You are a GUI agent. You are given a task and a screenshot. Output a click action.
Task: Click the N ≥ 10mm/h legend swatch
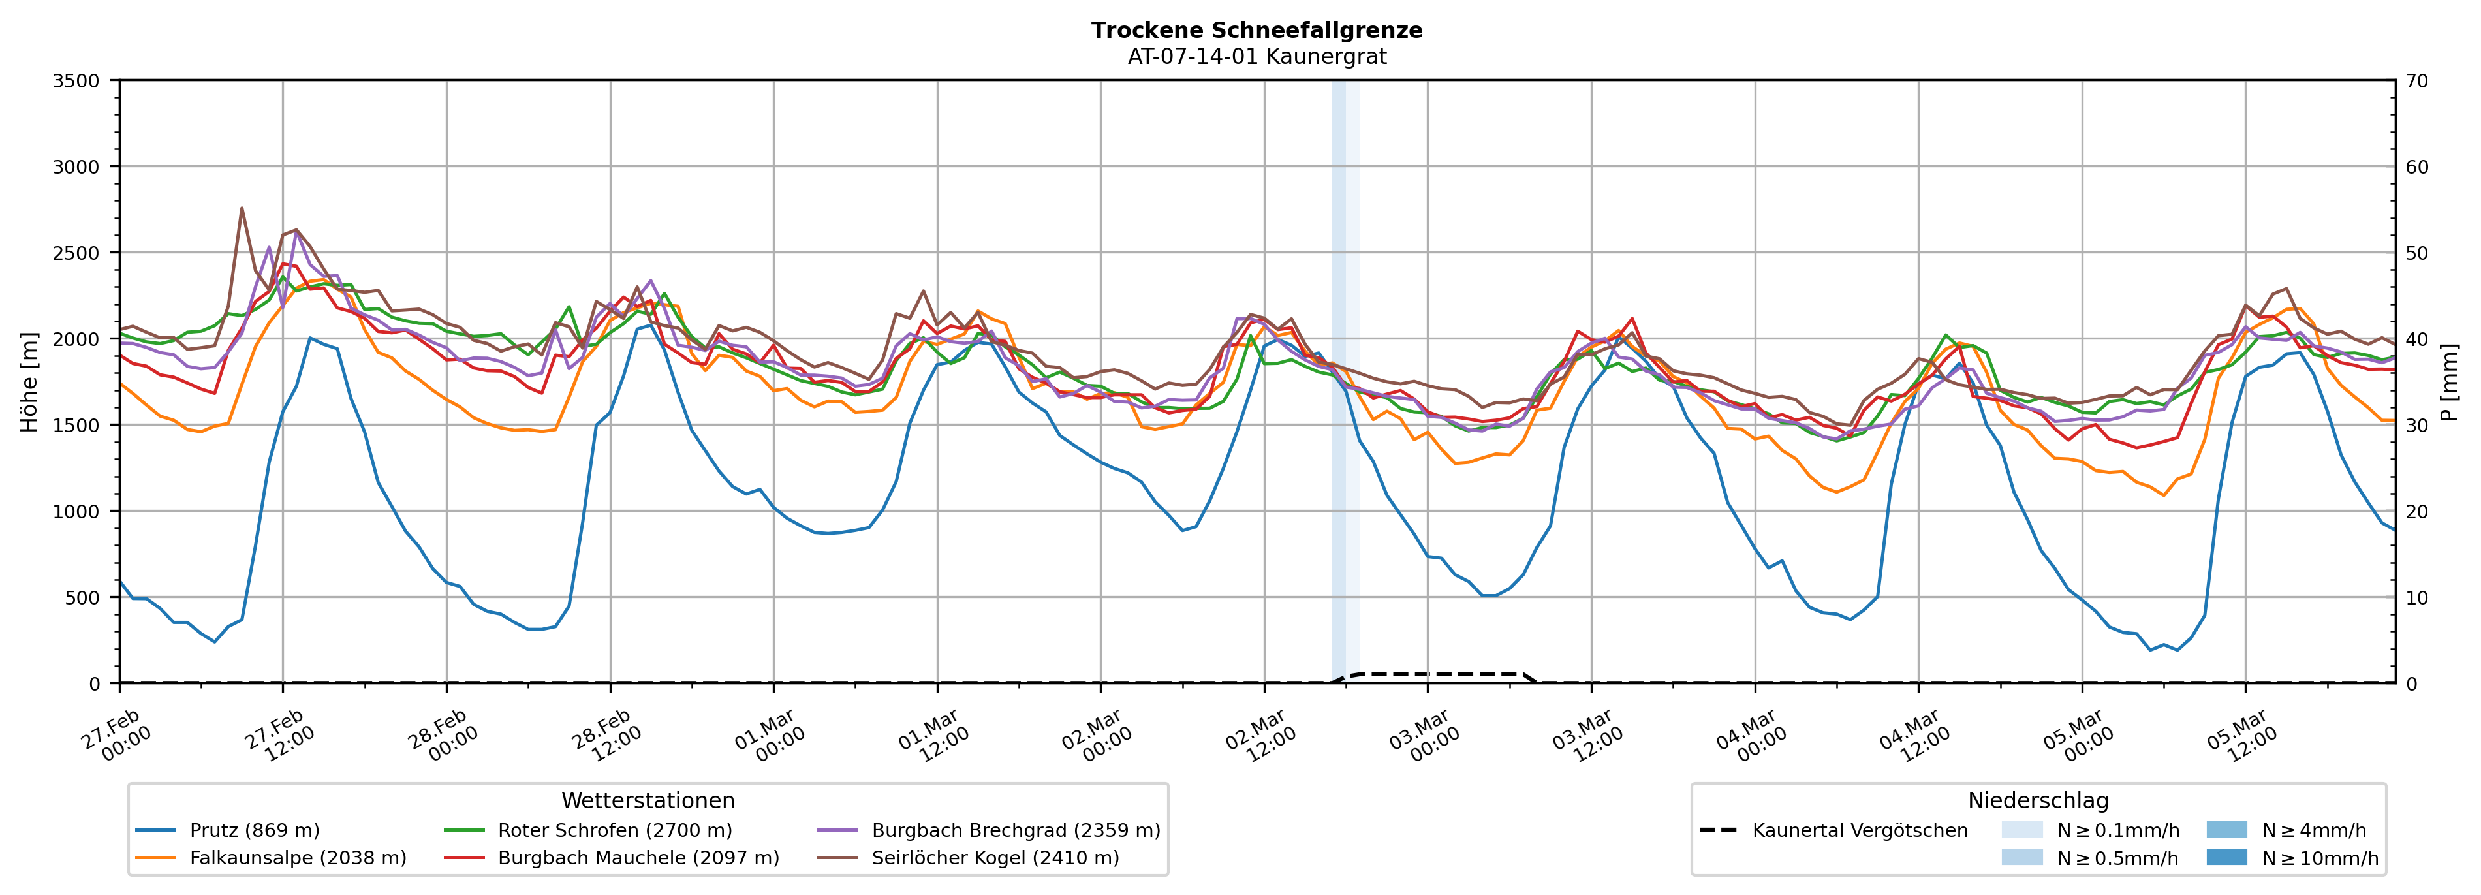pos(2226,857)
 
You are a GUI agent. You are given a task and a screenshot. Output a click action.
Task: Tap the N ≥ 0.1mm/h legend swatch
pos(2021,830)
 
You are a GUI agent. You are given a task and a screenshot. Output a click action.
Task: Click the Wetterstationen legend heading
pos(648,800)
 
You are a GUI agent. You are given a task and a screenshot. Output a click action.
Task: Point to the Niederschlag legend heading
pos(2038,800)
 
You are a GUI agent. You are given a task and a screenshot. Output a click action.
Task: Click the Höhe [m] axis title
pos(30,381)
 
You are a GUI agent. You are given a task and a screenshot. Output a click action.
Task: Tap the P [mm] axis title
pos(2451,381)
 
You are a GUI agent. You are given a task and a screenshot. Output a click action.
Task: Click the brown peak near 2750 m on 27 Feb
pos(242,208)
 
